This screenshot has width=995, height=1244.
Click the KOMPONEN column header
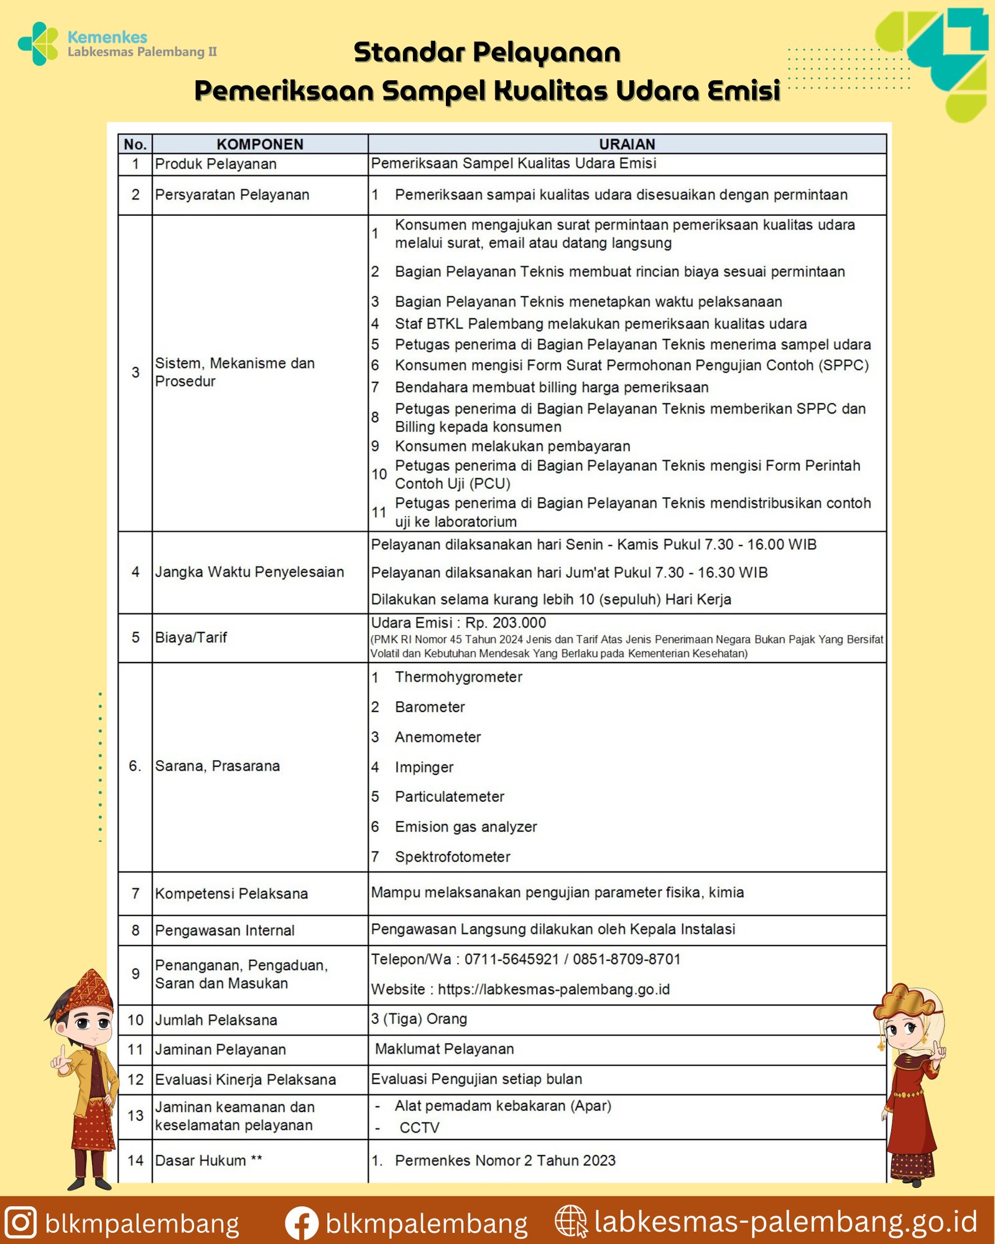pyautogui.click(x=260, y=144)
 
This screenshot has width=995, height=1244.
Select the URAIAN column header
pyautogui.click(x=627, y=144)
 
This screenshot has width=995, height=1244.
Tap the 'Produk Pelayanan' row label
pyautogui.click(x=216, y=164)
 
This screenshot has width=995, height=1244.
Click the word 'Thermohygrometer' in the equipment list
pyautogui.click(x=458, y=677)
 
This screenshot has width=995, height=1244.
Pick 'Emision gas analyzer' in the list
pyautogui.click(x=466, y=827)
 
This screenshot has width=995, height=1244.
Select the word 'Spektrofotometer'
pyautogui.click(x=452, y=856)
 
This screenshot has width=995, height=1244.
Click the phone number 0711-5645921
pyautogui.click(x=511, y=959)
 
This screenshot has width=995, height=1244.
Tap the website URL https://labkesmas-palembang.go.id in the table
pyautogui.click(x=553, y=989)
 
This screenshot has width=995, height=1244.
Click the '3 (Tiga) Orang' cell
pyautogui.click(x=419, y=1019)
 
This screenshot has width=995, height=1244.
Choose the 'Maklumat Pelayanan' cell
pyautogui.click(x=444, y=1049)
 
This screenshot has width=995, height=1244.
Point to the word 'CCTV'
pyautogui.click(x=419, y=1128)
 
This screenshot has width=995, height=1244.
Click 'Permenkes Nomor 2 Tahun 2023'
pyautogui.click(x=505, y=1160)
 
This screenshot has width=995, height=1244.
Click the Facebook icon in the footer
pyautogui.click(x=302, y=1223)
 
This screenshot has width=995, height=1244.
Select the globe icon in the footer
pyautogui.click(x=570, y=1221)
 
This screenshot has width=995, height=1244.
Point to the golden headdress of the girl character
pyautogui.click(x=907, y=1001)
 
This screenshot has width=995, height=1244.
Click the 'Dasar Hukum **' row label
pyautogui.click(x=208, y=1160)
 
